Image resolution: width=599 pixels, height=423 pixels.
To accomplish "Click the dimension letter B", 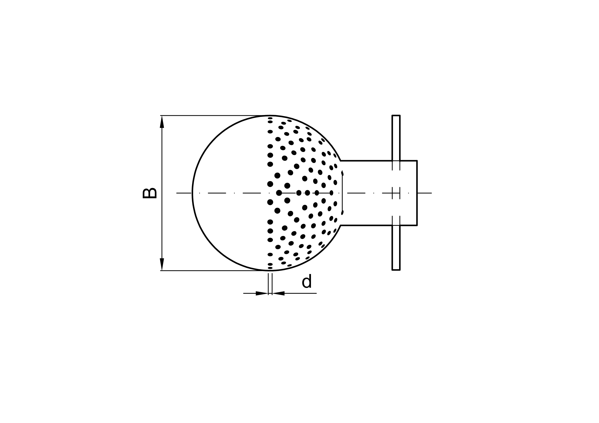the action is [150, 193].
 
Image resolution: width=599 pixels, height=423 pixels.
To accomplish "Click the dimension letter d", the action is [307, 282].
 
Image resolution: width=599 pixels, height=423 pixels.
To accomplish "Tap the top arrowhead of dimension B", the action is [162, 122].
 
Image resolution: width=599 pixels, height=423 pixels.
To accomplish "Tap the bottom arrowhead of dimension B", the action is [162, 264].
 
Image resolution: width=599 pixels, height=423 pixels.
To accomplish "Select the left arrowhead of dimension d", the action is [262, 293].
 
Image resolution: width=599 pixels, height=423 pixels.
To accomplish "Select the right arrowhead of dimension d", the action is [278, 293].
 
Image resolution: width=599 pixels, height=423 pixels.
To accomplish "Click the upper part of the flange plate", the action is [396, 138].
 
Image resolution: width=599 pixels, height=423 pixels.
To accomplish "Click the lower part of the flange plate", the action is [396, 248].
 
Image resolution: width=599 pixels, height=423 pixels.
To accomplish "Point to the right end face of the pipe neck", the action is [417, 193].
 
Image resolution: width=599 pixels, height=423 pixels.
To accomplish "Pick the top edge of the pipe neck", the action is [379, 161].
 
